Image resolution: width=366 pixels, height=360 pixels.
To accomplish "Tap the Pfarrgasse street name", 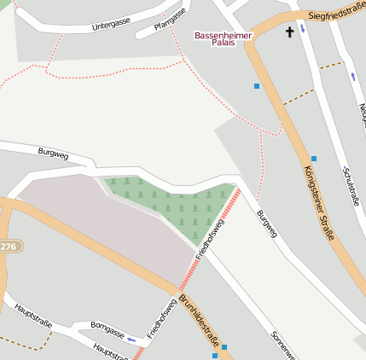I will pyautogui.click(x=170, y=20).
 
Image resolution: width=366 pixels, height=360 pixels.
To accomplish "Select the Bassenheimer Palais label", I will pyautogui.click(x=217, y=38).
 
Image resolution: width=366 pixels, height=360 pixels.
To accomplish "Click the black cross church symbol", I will pyautogui.click(x=289, y=32).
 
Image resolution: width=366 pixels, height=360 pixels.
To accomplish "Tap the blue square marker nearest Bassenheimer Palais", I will pyautogui.click(x=257, y=86).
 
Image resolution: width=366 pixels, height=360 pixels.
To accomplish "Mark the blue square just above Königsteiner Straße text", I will pyautogui.click(x=314, y=159).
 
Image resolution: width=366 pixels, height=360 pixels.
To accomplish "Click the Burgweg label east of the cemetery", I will pyautogui.click(x=267, y=224).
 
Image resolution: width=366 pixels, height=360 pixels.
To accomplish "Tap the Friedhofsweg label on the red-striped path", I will pyautogui.click(x=209, y=240).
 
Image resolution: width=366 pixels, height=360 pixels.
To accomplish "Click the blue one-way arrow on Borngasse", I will pyautogui.click(x=131, y=339).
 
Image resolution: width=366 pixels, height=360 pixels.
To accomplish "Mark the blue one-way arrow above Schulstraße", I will pyautogui.click(x=353, y=76).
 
